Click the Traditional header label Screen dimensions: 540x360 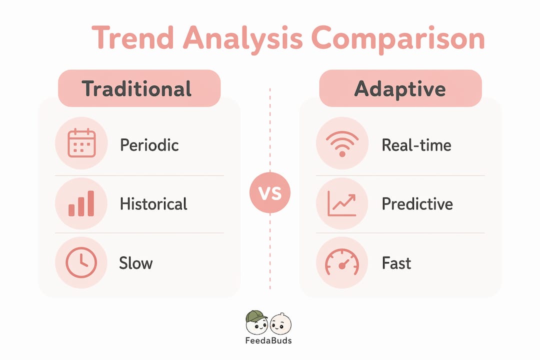[x=136, y=88]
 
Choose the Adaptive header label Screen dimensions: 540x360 [x=400, y=89]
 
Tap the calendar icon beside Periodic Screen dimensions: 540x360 [x=81, y=143]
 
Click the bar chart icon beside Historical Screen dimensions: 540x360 [x=81, y=203]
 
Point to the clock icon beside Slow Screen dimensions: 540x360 [x=81, y=262]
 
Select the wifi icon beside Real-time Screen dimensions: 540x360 [x=342, y=143]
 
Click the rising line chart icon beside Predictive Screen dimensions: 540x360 [x=342, y=203]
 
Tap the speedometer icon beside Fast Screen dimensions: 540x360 [x=342, y=262]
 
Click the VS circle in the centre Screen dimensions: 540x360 [x=270, y=192]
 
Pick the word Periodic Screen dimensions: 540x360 [x=149, y=144]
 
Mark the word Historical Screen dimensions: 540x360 [x=153, y=203]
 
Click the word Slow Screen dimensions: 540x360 [x=135, y=263]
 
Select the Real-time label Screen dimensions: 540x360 [x=416, y=144]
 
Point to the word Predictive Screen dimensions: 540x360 [x=417, y=203]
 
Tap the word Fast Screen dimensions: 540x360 [x=396, y=263]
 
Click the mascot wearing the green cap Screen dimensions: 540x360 [x=256, y=322]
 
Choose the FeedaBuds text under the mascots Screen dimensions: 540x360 [x=268, y=340]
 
